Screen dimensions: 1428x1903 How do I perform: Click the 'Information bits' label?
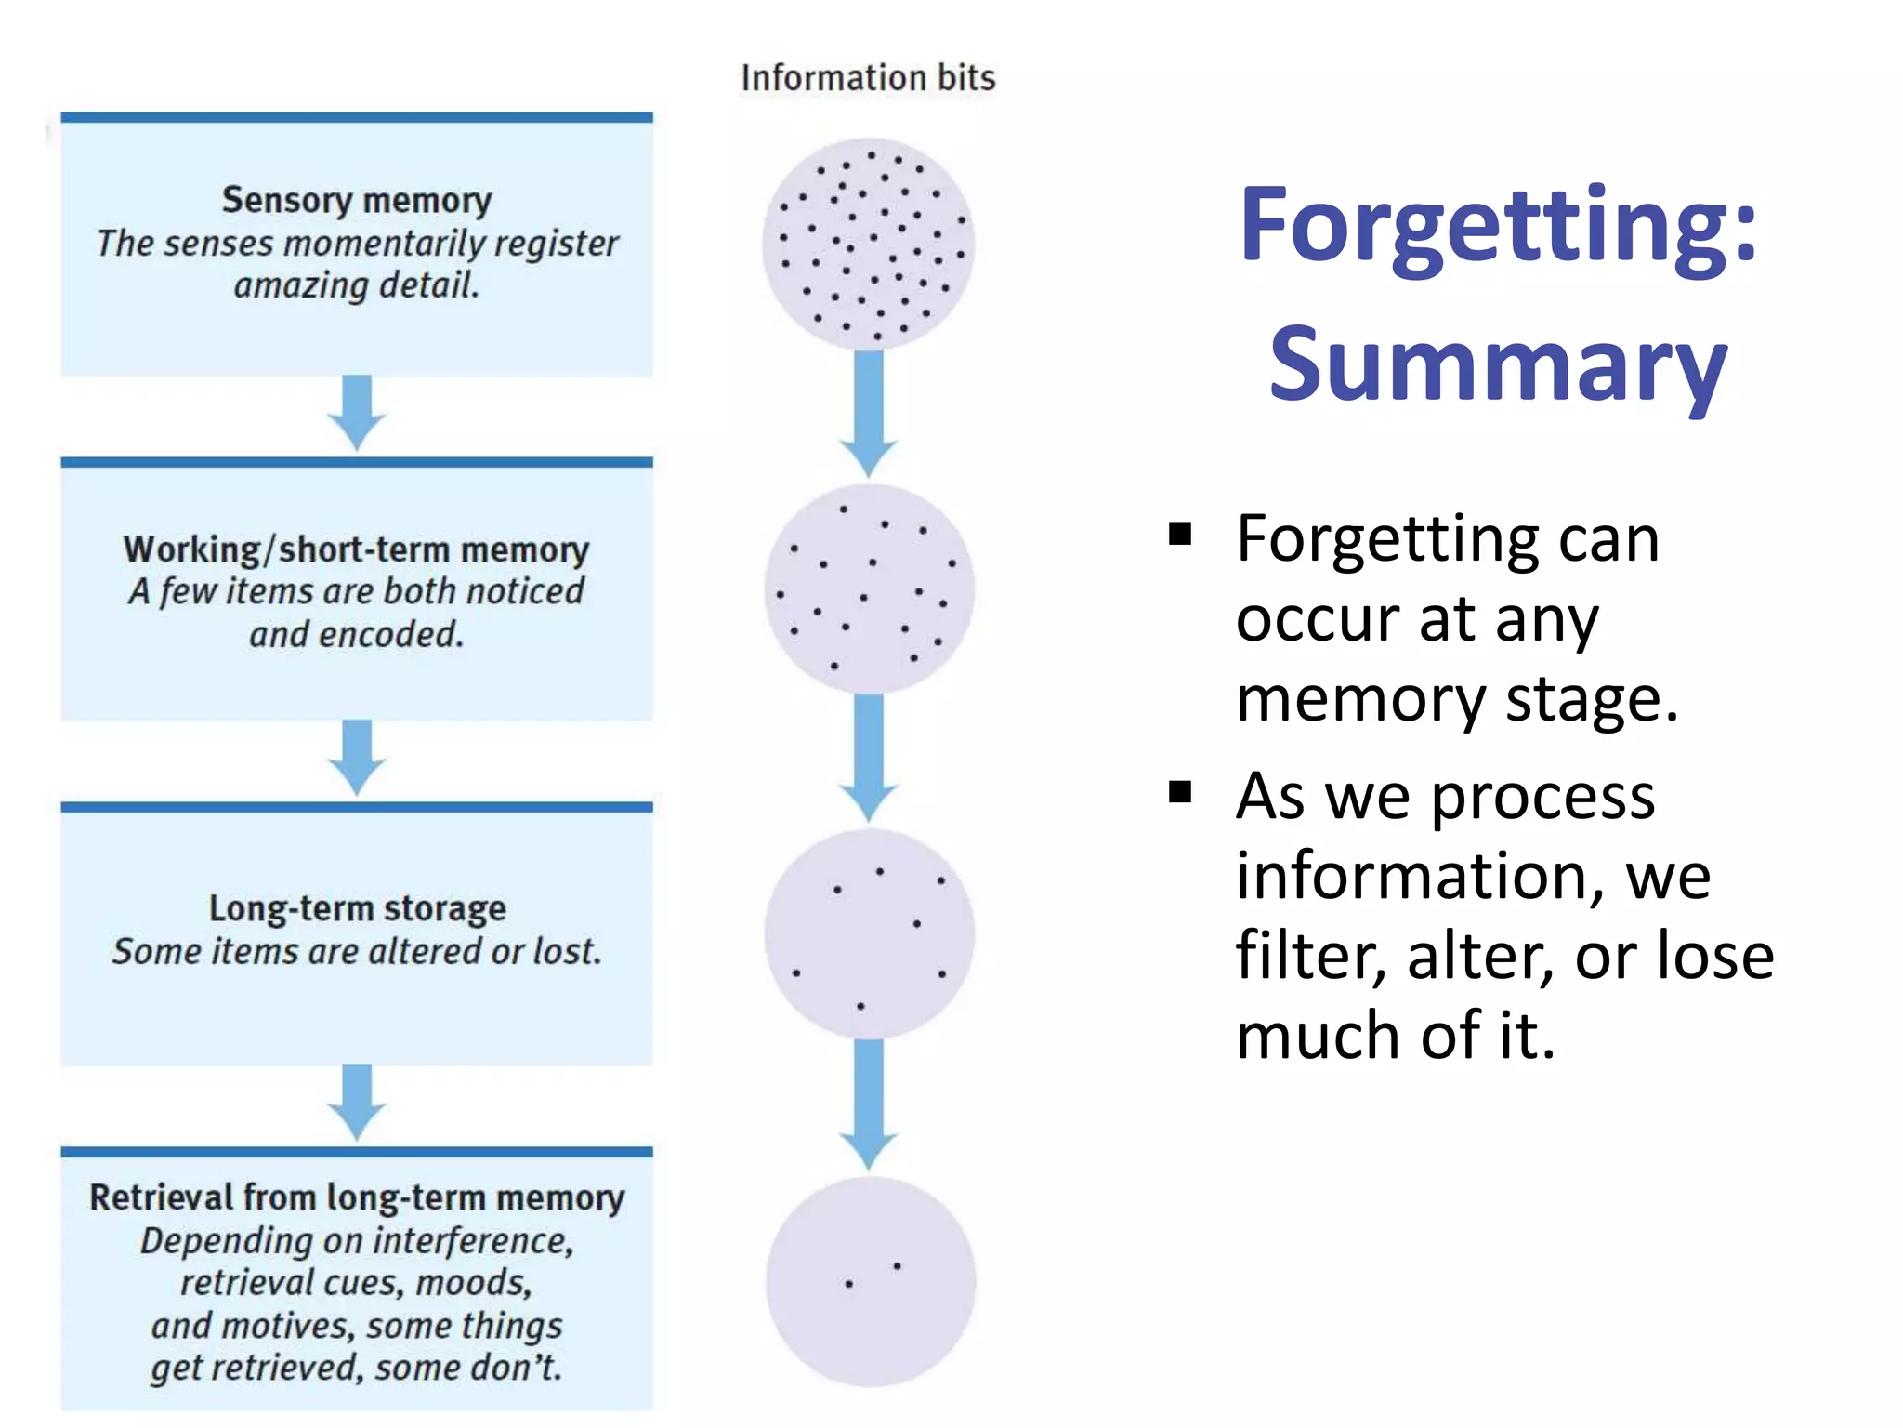(x=868, y=78)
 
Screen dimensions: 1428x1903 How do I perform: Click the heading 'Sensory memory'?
(x=357, y=200)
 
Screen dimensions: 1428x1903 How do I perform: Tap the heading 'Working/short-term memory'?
(x=357, y=549)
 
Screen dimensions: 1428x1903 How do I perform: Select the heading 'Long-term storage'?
(x=357, y=908)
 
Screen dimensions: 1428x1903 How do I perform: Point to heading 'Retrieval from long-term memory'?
(x=357, y=1197)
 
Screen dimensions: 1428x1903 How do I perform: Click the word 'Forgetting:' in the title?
(x=1498, y=227)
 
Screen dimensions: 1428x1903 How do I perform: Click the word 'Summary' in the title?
(x=1498, y=364)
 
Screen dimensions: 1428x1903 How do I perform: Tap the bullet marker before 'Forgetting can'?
(x=1180, y=535)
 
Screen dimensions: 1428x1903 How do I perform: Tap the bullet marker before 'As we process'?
(x=1180, y=792)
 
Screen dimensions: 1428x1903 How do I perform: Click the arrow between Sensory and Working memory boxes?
(x=357, y=412)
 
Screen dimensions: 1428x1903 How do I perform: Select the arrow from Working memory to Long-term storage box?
(x=357, y=757)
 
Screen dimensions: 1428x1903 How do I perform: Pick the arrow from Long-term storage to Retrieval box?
(x=357, y=1102)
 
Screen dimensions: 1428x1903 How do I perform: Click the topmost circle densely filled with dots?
(x=869, y=244)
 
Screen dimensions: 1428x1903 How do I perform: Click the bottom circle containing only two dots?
(x=871, y=1281)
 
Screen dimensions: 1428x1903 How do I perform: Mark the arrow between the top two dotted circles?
(x=869, y=414)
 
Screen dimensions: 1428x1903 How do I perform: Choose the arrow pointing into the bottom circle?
(x=869, y=1104)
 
